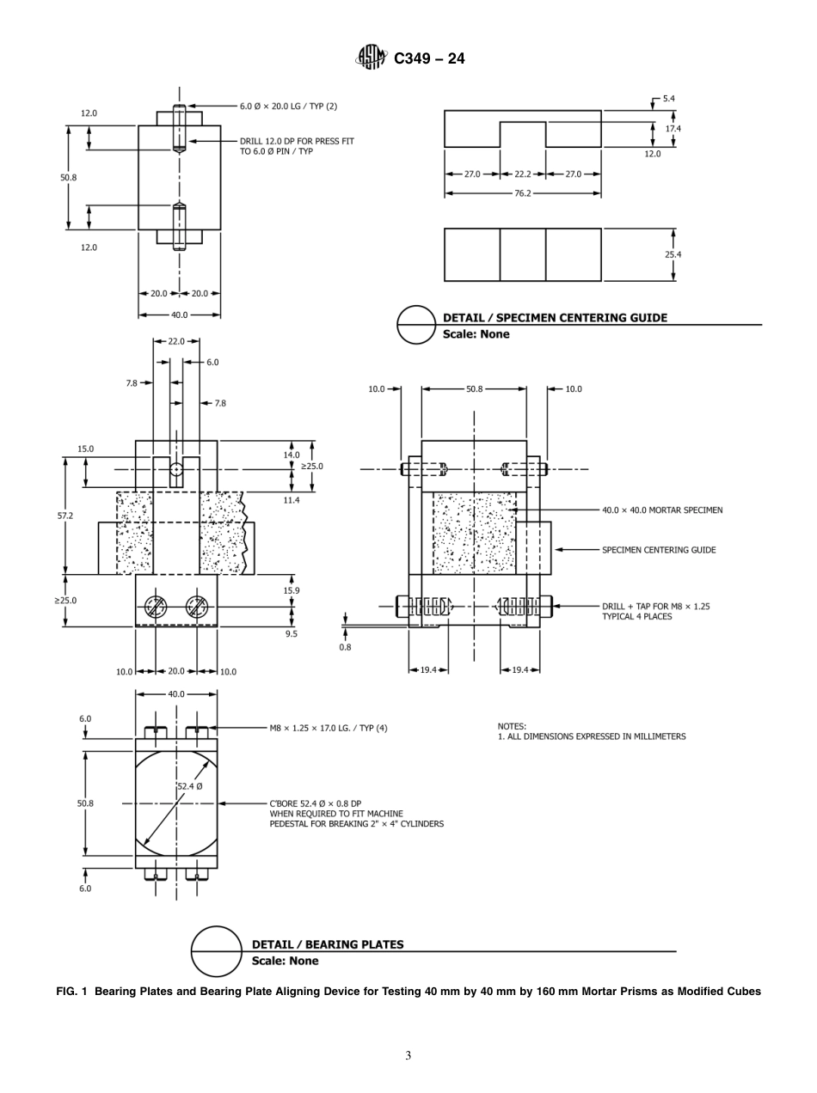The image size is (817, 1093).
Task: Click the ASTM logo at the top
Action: pyautogui.click(x=372, y=58)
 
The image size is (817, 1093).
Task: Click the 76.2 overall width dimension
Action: pyautogui.click(x=522, y=194)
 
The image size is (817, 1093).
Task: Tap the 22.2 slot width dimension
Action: pyautogui.click(x=522, y=174)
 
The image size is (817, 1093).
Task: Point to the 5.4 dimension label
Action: pyautogui.click(x=668, y=99)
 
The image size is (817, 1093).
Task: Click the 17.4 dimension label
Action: pyautogui.click(x=673, y=128)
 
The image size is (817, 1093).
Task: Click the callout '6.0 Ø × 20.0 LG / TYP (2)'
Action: pyautogui.click(x=288, y=107)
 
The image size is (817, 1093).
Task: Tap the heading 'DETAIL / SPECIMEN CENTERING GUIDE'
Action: pyautogui.click(x=555, y=318)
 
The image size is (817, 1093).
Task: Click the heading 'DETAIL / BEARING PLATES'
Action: pyautogui.click(x=327, y=944)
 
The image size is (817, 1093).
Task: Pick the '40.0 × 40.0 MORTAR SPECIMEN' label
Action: pyautogui.click(x=662, y=510)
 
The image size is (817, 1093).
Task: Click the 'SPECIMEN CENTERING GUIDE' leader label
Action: pyautogui.click(x=658, y=550)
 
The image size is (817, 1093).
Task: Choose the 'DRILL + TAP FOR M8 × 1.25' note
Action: pyautogui.click(x=655, y=607)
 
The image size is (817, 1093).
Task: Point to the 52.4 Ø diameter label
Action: pyautogui.click(x=189, y=786)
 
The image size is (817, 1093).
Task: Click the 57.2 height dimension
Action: pyautogui.click(x=64, y=516)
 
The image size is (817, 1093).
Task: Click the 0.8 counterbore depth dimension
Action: pyautogui.click(x=345, y=647)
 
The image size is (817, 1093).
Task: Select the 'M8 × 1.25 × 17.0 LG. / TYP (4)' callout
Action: pyautogui.click(x=329, y=729)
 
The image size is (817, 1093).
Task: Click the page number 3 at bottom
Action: pyautogui.click(x=408, y=1056)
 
